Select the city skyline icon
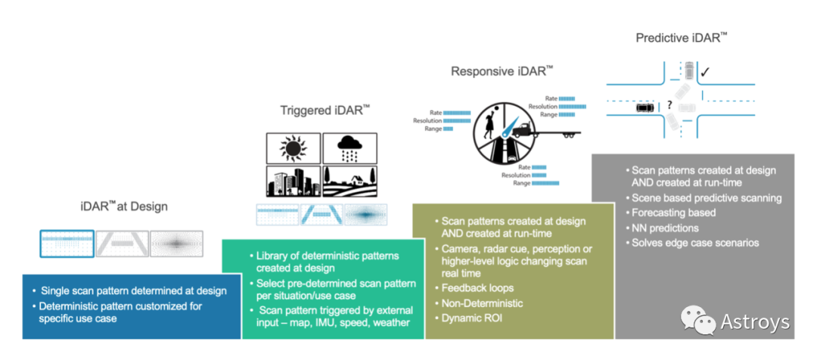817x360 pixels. [x=293, y=182]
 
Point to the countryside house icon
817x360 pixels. [x=349, y=182]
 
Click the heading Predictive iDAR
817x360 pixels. [x=682, y=38]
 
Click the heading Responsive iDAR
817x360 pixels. [x=502, y=71]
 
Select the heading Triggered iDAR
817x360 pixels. [x=325, y=110]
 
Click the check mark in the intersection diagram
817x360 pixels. [x=704, y=72]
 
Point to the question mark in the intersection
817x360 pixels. [x=669, y=105]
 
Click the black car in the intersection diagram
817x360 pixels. [x=645, y=107]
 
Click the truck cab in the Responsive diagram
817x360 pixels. [x=521, y=129]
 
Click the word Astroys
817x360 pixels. [x=755, y=322]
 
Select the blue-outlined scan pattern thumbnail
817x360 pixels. [x=67, y=244]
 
